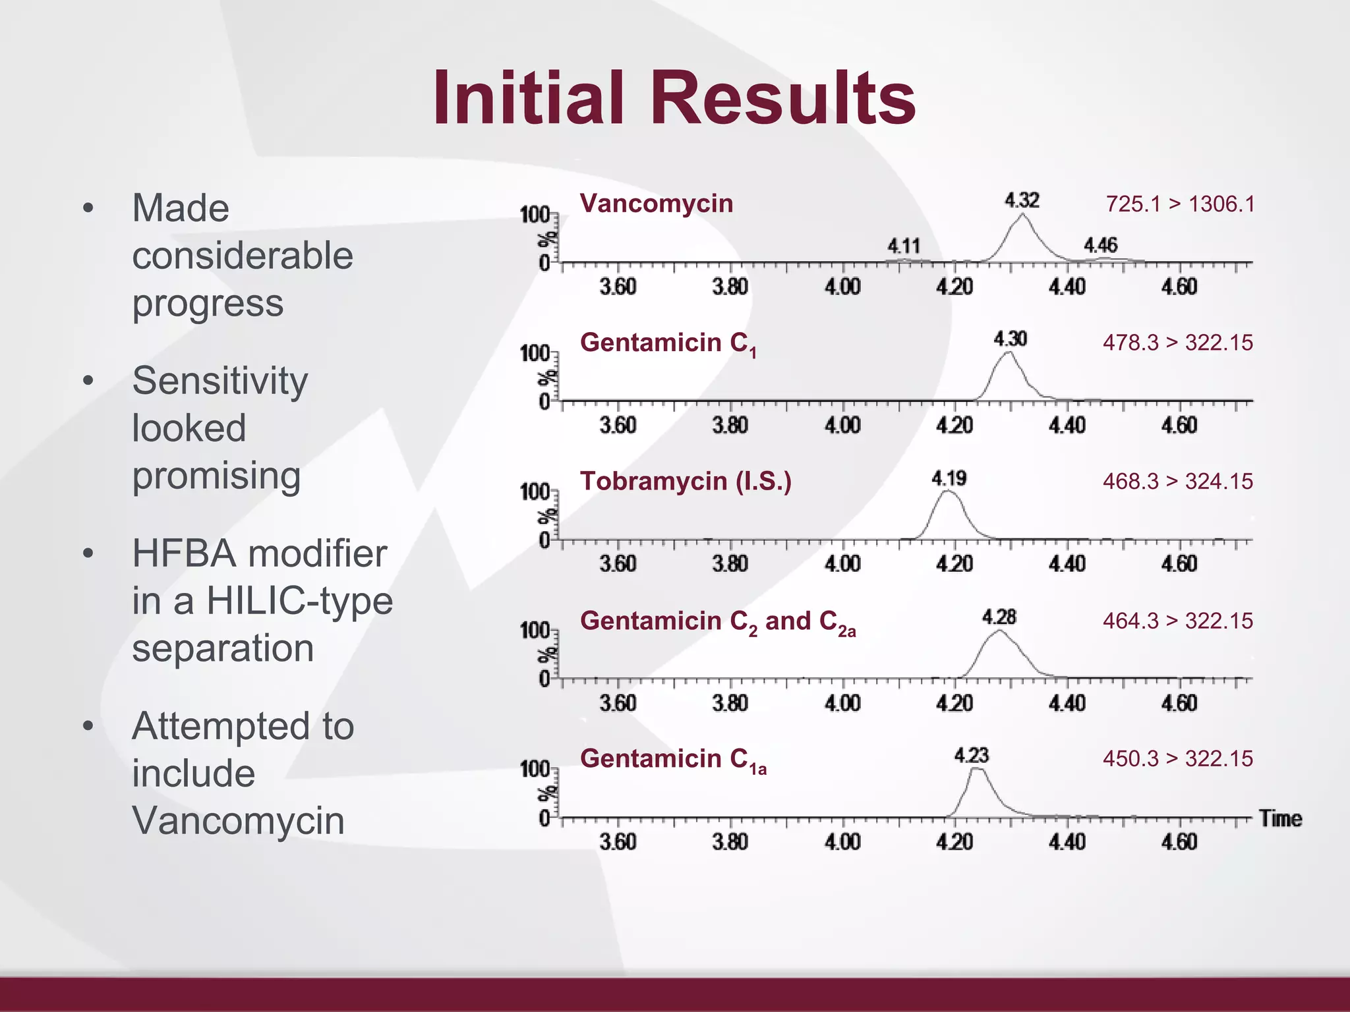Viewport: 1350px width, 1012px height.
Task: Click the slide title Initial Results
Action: pyautogui.click(x=674, y=99)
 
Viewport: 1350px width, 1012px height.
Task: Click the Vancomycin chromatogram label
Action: pyautogui.click(x=656, y=204)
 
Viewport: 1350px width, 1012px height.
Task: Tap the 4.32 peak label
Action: pyautogui.click(x=1022, y=200)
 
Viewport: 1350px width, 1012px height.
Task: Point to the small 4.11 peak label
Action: pyautogui.click(x=904, y=246)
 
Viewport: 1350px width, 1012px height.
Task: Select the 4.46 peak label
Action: pyautogui.click(x=1101, y=246)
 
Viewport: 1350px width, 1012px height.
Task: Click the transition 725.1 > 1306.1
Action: pyautogui.click(x=1180, y=204)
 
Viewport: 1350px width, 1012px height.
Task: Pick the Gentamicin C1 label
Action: pyautogui.click(x=668, y=344)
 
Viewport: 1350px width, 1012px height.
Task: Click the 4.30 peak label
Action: pyautogui.click(x=1011, y=339)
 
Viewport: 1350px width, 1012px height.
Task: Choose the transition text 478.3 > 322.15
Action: pyautogui.click(x=1177, y=343)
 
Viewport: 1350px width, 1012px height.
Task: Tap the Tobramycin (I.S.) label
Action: pyautogui.click(x=686, y=482)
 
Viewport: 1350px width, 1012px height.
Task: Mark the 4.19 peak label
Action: pyautogui.click(x=949, y=478)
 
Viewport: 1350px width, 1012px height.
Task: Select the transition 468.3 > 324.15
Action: pyautogui.click(x=1177, y=482)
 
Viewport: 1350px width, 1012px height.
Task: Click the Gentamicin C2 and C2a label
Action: pyautogui.click(x=717, y=622)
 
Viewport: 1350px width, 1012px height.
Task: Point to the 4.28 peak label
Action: pyautogui.click(x=999, y=617)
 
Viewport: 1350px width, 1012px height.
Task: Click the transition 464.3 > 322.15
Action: pyautogui.click(x=1177, y=621)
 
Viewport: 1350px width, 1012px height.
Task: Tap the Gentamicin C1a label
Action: pyautogui.click(x=672, y=760)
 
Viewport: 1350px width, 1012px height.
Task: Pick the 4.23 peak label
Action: pyautogui.click(x=972, y=756)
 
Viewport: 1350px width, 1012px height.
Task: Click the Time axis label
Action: pyautogui.click(x=1280, y=819)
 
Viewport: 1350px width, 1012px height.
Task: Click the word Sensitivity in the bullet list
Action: pyautogui.click(x=220, y=381)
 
